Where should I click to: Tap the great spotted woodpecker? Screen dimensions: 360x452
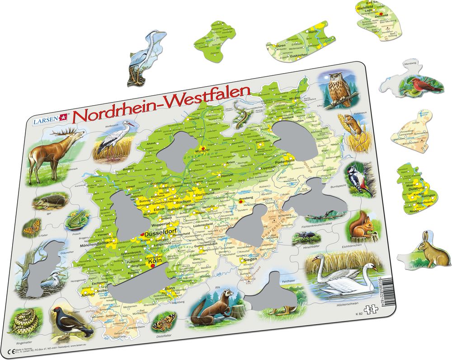pos(360,178)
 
